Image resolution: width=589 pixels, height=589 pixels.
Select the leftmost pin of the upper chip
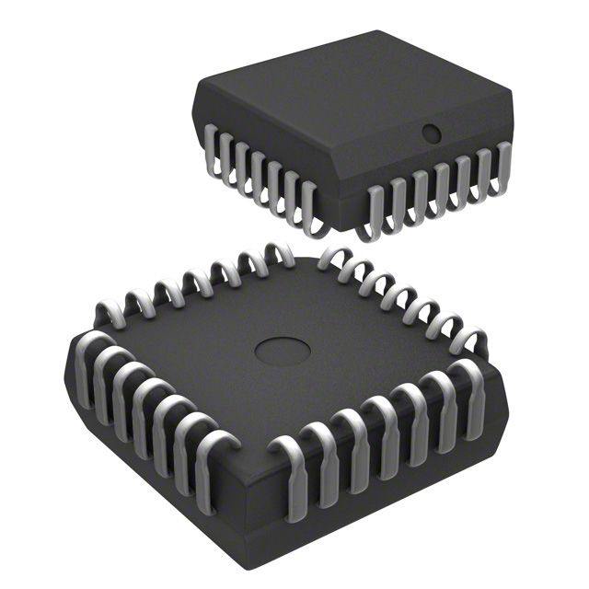(212, 152)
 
